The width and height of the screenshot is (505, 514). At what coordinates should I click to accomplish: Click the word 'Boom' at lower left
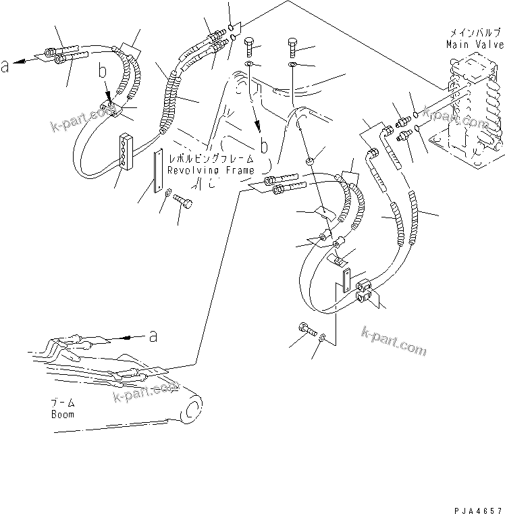(x=63, y=414)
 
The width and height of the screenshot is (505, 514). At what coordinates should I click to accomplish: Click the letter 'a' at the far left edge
(x=5, y=66)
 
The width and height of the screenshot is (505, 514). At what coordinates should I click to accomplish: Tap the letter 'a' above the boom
(x=153, y=334)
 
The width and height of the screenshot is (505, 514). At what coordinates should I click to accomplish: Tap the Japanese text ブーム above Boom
(x=63, y=403)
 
